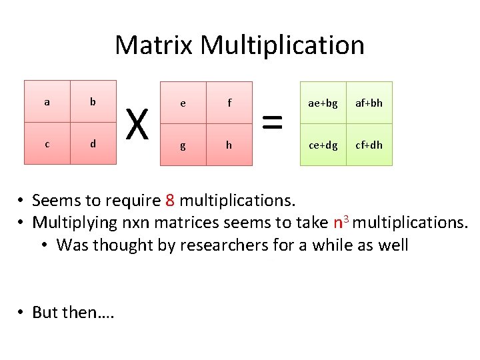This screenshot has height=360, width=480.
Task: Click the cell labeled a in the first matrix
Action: coord(47,102)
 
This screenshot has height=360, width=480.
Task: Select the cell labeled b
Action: coord(93,102)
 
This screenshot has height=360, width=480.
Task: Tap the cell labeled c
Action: coord(47,143)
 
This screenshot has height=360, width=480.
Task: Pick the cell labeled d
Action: coord(93,143)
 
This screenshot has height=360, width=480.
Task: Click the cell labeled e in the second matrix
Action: coord(183,103)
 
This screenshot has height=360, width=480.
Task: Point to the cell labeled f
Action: coord(229,103)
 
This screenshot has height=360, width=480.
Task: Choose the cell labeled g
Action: coord(183,144)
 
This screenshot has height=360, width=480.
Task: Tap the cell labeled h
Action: coord(229,144)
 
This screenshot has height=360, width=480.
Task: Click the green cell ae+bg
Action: coord(323,103)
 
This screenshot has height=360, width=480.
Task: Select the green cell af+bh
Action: coord(369,103)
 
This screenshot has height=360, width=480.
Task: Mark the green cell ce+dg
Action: coord(323,144)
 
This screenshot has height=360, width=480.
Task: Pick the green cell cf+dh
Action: coord(369,144)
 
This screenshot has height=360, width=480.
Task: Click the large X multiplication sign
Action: coord(137,124)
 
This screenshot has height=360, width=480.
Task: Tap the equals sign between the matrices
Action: coord(272,123)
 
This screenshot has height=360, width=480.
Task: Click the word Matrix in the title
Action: coord(154,45)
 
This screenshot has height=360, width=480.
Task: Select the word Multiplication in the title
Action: coord(282,45)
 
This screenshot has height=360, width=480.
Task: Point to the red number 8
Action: coord(169,200)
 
